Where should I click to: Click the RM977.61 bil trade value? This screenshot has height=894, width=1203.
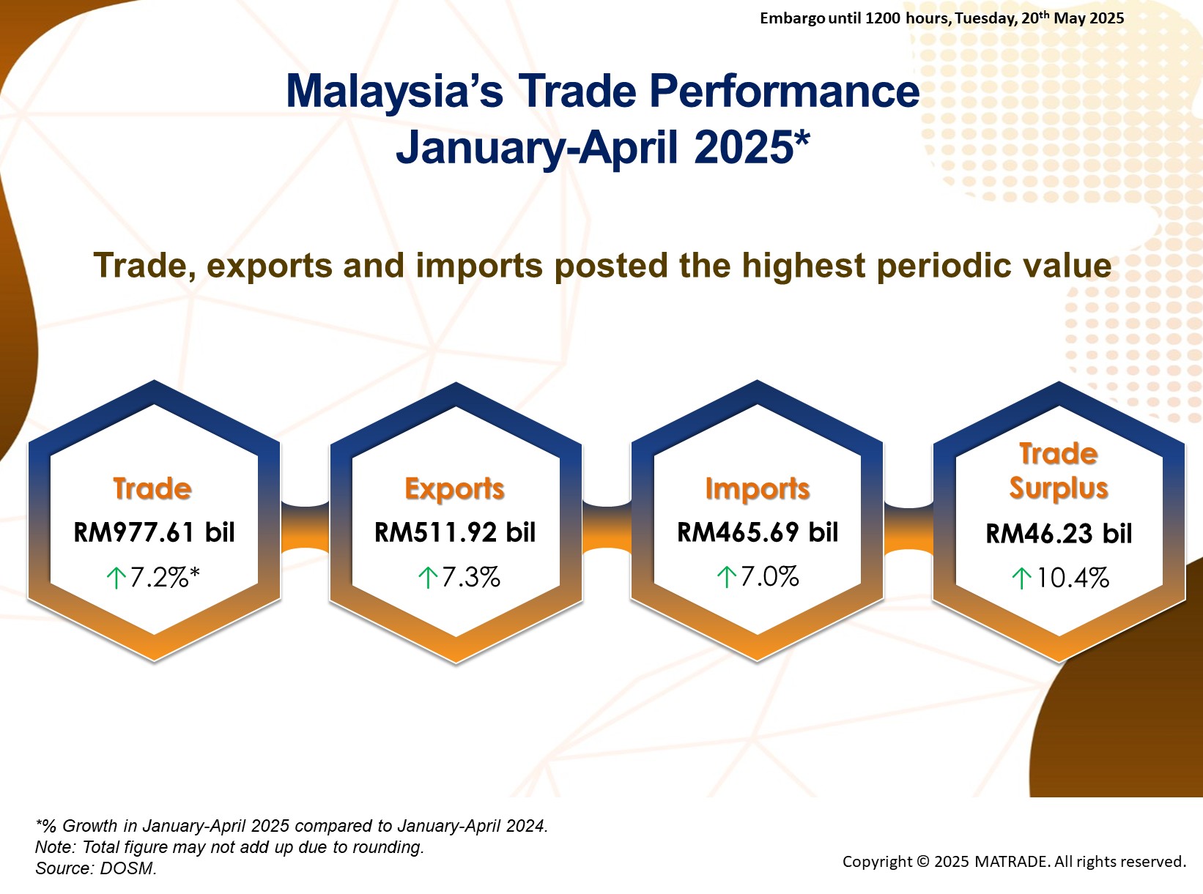click(154, 532)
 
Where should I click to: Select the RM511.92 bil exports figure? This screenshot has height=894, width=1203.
click(455, 532)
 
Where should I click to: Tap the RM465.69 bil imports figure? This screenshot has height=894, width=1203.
click(758, 532)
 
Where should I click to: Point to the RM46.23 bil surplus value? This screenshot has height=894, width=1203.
click(1059, 534)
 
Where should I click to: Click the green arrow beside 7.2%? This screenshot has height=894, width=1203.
click(116, 578)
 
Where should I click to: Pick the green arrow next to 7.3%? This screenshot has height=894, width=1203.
click(428, 578)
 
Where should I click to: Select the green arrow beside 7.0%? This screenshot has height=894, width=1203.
click(727, 578)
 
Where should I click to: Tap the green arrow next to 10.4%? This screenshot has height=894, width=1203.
click(1022, 578)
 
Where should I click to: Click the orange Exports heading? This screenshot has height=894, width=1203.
click(454, 489)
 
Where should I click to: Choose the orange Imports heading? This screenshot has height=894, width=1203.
click(758, 489)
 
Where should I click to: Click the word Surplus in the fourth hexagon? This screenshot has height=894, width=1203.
click(1059, 488)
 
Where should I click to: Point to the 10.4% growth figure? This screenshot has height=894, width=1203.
click(1073, 578)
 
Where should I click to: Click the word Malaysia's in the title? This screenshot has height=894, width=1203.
click(394, 91)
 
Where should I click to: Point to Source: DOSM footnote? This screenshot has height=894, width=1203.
click(96, 868)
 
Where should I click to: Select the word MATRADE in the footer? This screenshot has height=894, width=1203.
click(1012, 862)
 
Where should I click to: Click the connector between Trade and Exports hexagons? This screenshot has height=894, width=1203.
click(306, 529)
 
